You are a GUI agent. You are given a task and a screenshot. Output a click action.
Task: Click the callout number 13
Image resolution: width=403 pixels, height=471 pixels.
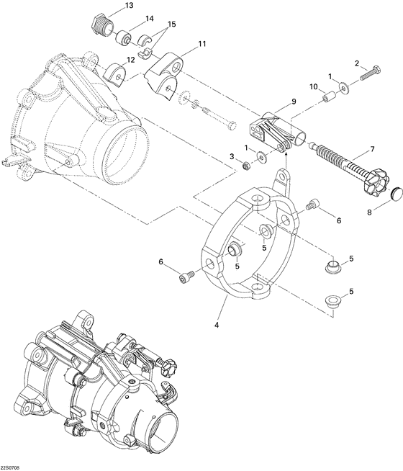(x=129, y=5)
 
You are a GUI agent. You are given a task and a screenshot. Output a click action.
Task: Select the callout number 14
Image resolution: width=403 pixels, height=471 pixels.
(x=149, y=18)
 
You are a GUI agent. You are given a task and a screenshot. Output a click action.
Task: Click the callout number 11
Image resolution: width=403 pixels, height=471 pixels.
(x=201, y=44)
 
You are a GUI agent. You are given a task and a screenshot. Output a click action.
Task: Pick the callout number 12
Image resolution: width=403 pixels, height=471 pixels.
(x=131, y=60)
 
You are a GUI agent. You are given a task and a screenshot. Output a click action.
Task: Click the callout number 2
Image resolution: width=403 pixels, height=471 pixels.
(x=356, y=63)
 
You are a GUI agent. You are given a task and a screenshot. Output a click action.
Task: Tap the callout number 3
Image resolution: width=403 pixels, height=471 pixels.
(x=232, y=156)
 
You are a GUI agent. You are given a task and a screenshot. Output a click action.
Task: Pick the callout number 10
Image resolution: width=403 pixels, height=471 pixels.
(x=313, y=86)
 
